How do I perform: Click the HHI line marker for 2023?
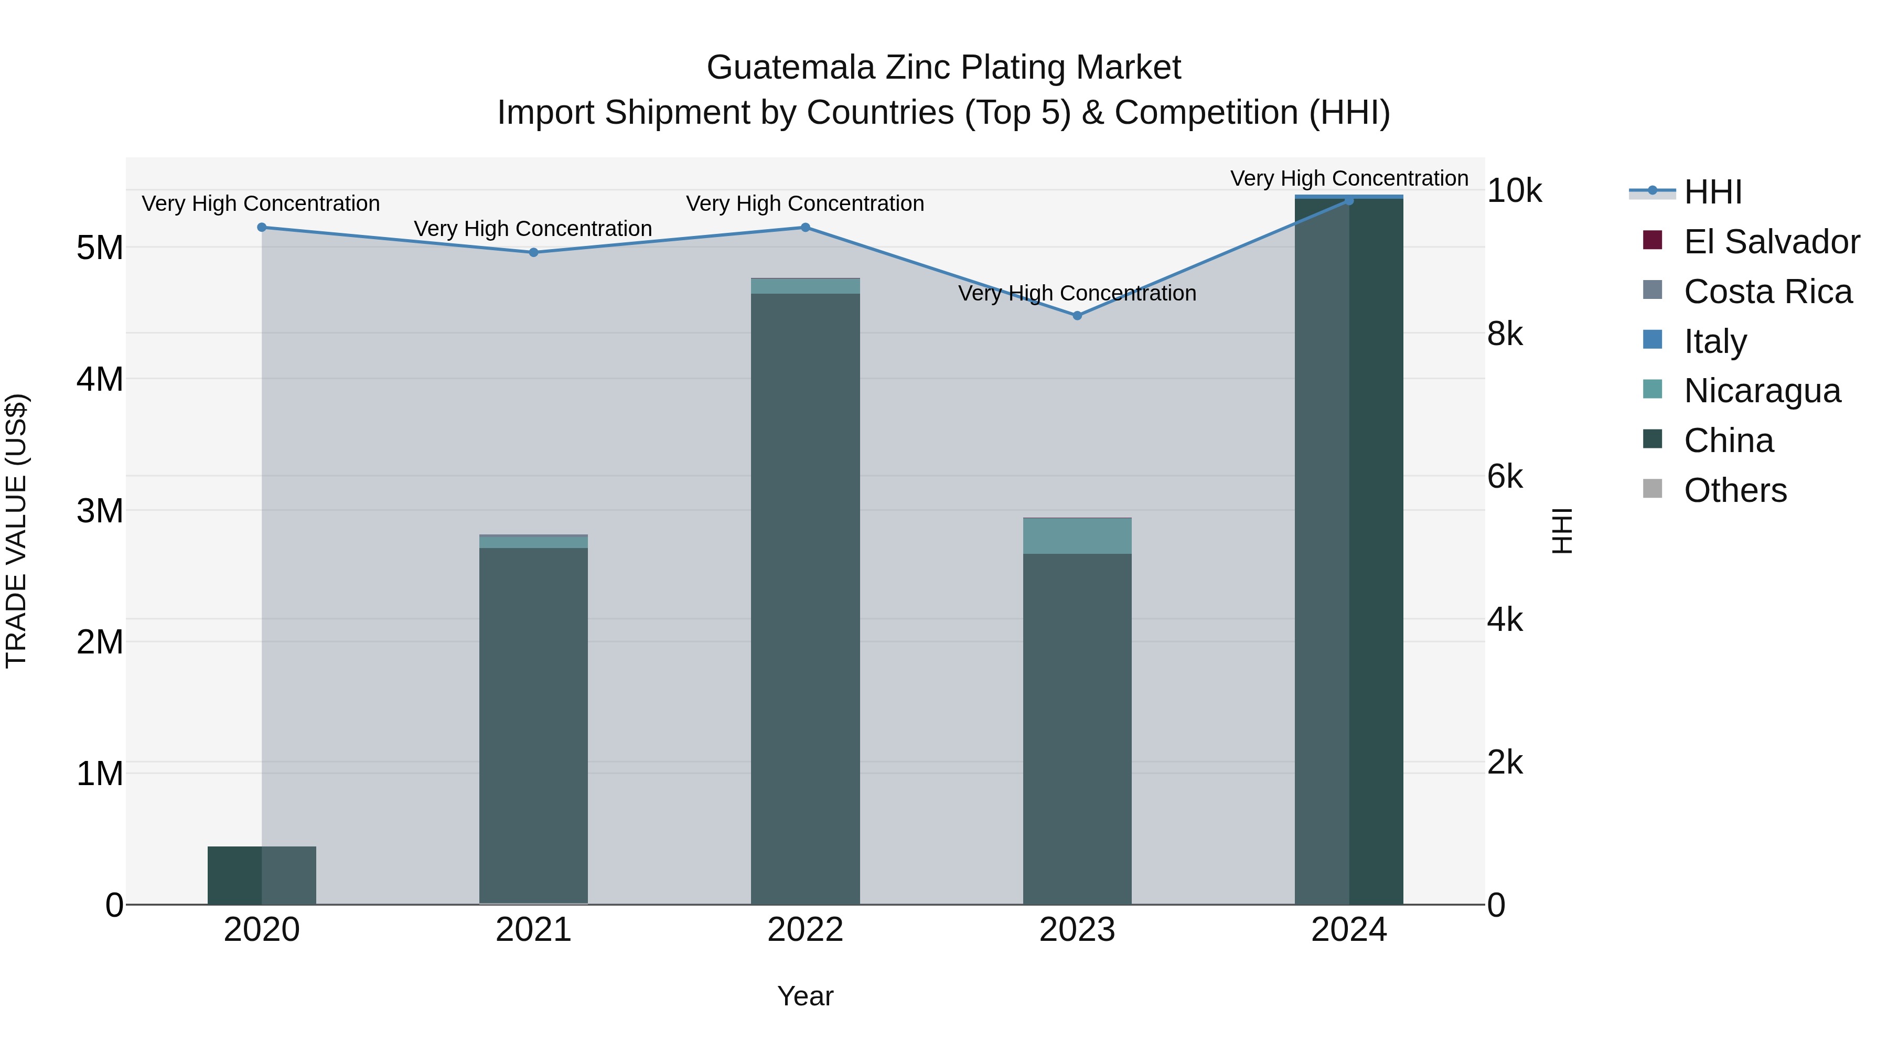(1077, 316)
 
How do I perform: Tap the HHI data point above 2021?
(533, 252)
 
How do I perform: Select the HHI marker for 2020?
(262, 227)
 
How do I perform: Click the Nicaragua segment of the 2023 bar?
(1077, 536)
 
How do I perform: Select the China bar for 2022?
(804, 597)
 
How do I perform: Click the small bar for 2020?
(262, 875)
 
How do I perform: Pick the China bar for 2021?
(533, 726)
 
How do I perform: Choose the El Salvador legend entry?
(1771, 242)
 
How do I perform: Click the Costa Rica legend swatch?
(1653, 290)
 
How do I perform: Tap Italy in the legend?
(1715, 341)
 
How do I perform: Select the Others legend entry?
(1735, 490)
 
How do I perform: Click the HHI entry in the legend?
(1712, 192)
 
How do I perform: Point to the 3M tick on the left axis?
(100, 511)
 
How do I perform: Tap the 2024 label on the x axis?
(1348, 930)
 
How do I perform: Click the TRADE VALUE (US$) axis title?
(16, 531)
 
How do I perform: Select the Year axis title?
(804, 996)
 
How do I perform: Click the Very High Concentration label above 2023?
(1077, 293)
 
